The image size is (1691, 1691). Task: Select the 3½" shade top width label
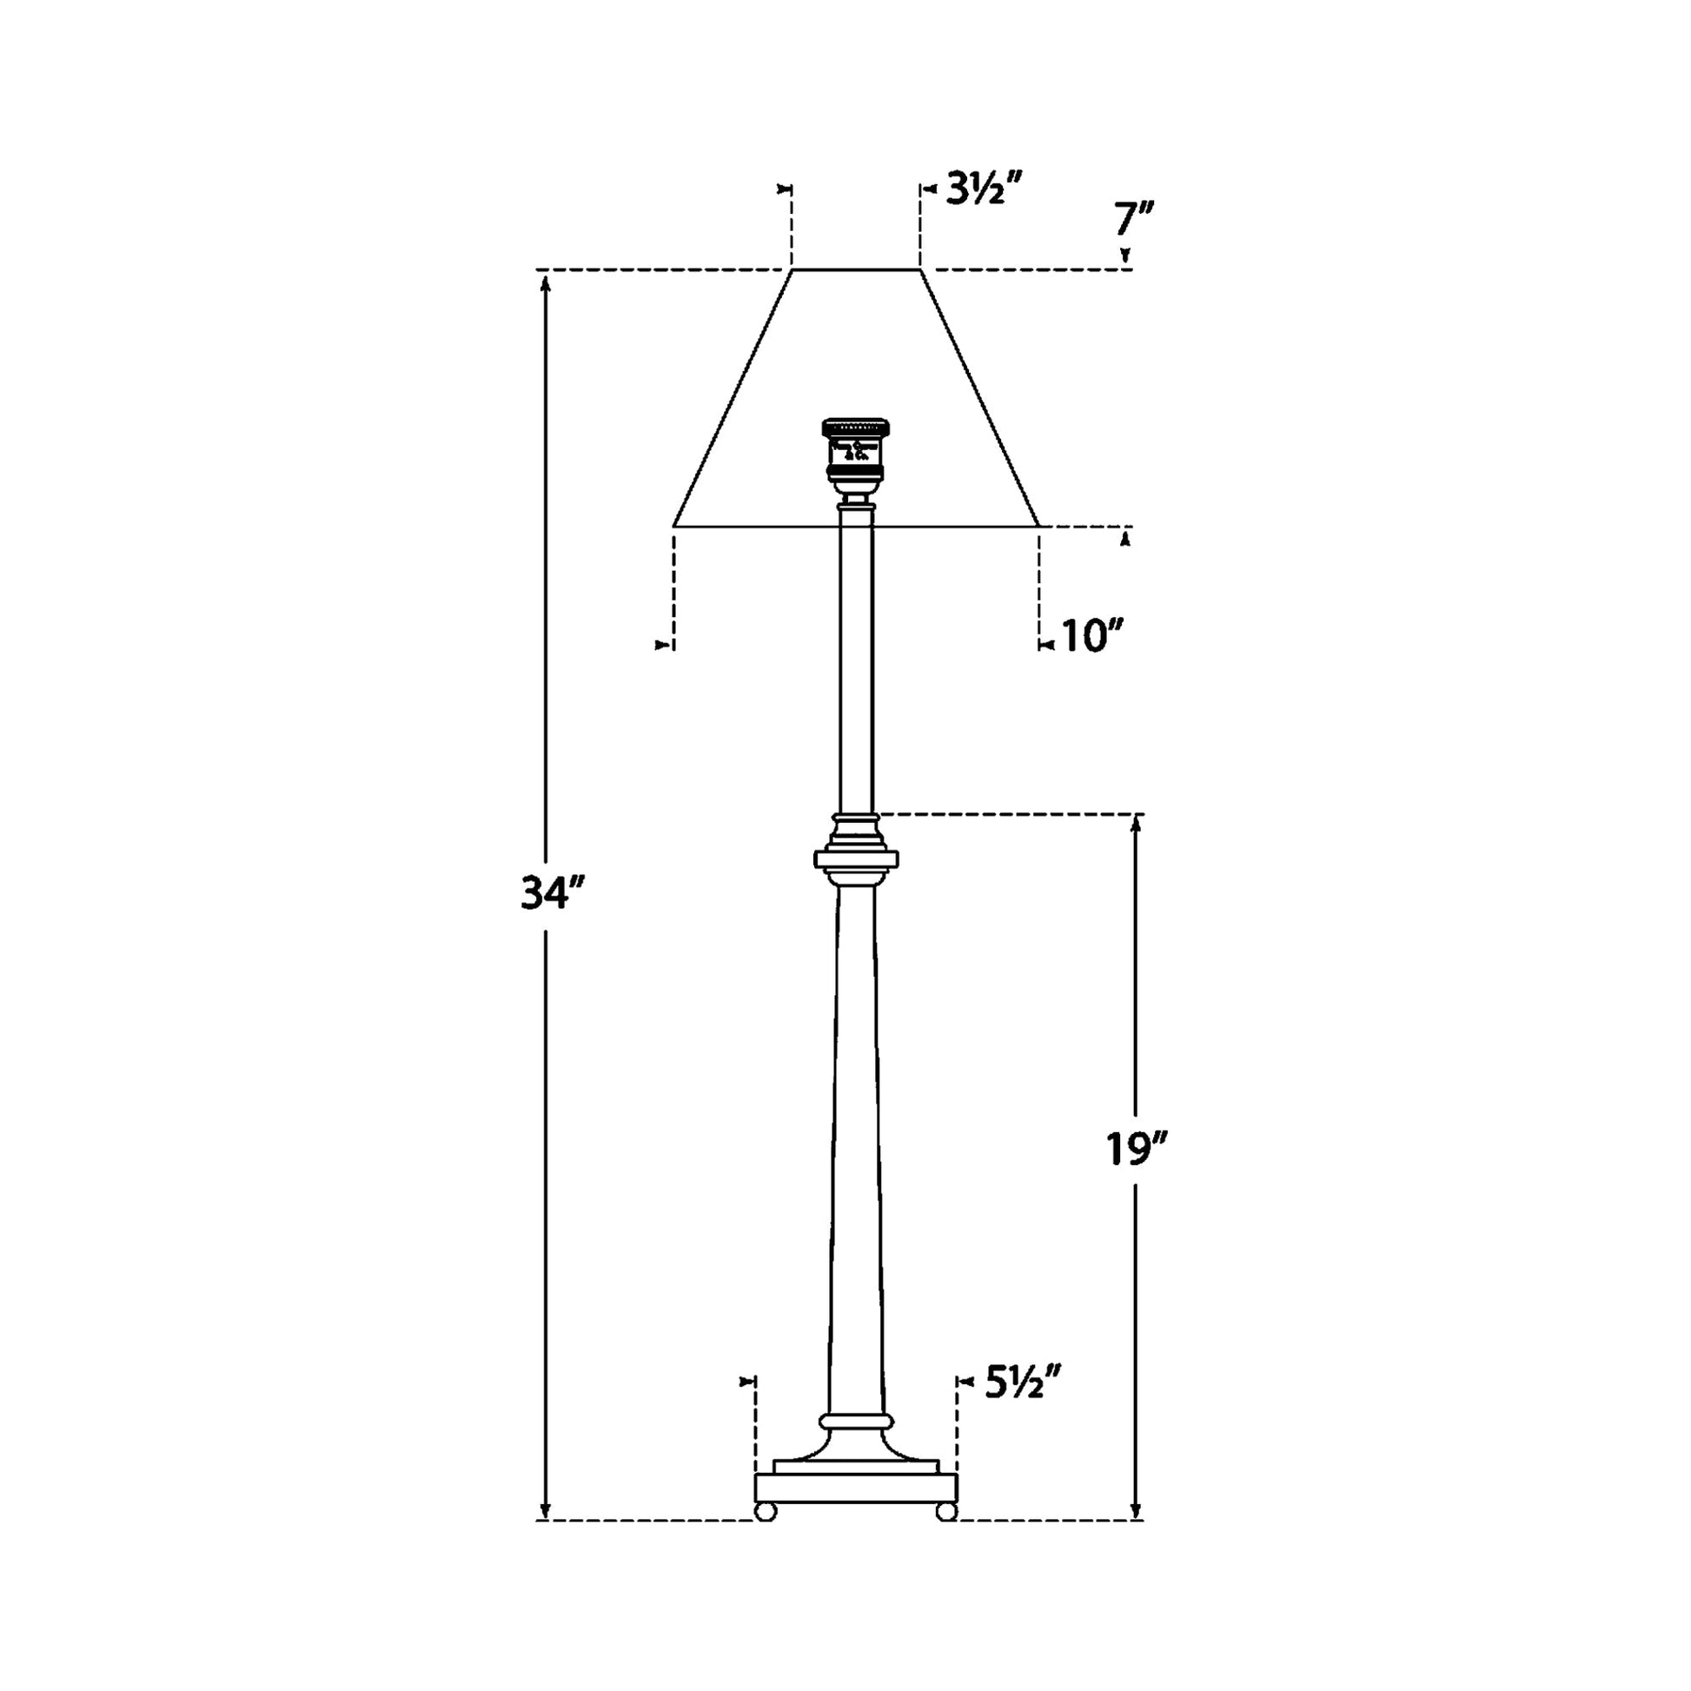coord(985,189)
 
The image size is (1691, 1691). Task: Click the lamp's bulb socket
coord(855,451)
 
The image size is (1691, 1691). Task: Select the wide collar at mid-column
coord(856,859)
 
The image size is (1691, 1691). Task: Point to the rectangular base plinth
coord(856,1488)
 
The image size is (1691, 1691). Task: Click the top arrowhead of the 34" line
coord(547,282)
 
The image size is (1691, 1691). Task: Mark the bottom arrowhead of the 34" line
coord(547,1513)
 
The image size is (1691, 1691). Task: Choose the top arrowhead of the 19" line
coord(1136,824)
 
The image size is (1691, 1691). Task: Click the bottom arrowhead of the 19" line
coord(1136,1513)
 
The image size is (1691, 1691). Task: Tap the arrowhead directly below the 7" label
coord(1125,256)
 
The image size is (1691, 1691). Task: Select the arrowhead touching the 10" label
coord(1045,646)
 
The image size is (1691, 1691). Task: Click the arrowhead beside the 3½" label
coord(927,189)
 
